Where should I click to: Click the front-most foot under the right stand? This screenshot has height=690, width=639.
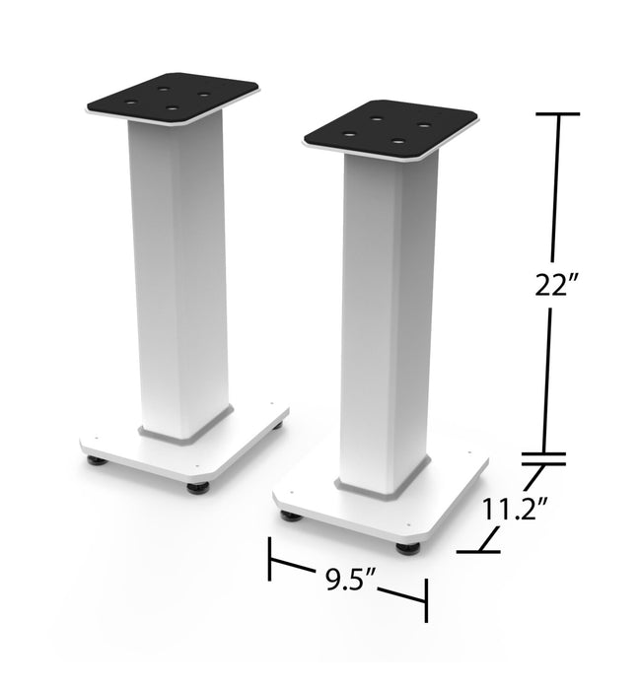[408, 547]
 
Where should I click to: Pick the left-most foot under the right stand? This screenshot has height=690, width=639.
[289, 515]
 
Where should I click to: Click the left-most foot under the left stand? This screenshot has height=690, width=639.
[95, 459]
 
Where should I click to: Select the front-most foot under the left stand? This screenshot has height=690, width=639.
[198, 487]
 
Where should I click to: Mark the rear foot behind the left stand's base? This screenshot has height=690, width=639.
[278, 425]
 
